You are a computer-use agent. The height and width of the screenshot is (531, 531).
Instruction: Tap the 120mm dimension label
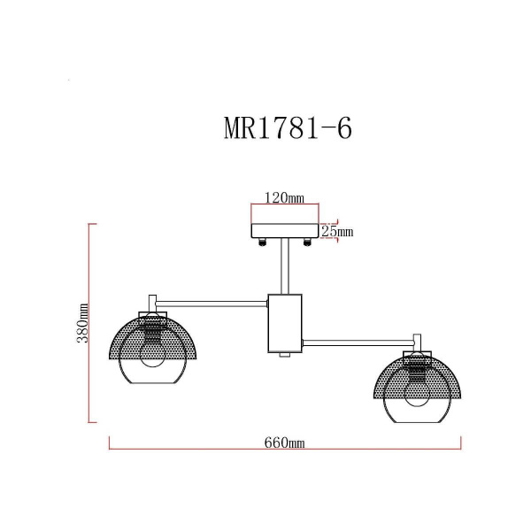[x=285, y=199]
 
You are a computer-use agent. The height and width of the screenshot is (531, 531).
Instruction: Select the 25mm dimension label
[x=336, y=232]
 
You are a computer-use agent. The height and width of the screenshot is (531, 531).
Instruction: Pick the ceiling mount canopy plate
[x=285, y=232]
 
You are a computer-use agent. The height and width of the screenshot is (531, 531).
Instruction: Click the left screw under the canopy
[x=263, y=244]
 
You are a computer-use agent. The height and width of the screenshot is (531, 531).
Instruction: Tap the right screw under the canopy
[x=307, y=244]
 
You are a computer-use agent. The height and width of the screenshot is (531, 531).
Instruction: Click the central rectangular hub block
[x=285, y=323]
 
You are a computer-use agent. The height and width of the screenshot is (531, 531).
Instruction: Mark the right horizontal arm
[x=358, y=340]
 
